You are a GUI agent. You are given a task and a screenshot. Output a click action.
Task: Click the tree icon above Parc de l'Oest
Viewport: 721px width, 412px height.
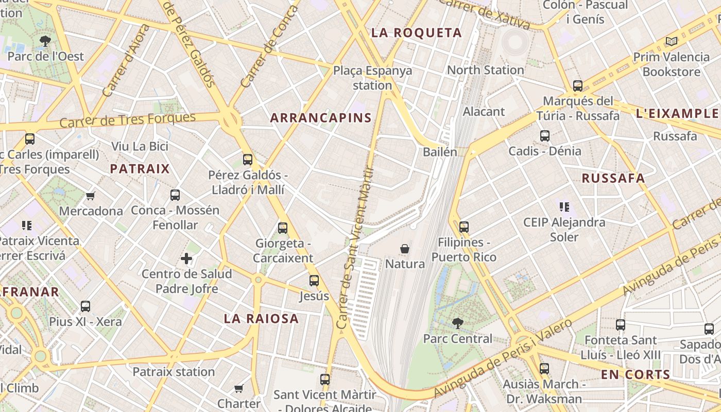(x=45, y=41)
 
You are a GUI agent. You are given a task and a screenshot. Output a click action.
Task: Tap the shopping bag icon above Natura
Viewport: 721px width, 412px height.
(x=405, y=249)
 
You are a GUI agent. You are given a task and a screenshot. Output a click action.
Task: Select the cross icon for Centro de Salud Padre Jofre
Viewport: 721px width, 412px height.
(x=186, y=259)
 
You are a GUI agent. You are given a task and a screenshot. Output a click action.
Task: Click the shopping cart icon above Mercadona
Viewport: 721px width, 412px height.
(x=91, y=196)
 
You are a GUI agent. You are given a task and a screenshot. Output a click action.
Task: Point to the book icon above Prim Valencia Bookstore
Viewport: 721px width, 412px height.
(x=671, y=41)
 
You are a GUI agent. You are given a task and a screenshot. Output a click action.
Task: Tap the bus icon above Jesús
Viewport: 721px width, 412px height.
(x=314, y=281)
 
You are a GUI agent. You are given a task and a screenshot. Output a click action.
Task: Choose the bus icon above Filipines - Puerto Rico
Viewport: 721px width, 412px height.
(x=464, y=227)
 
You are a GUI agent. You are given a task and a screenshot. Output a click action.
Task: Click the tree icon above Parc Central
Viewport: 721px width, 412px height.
(x=457, y=323)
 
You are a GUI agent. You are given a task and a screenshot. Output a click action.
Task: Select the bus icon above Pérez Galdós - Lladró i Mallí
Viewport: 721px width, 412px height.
(x=248, y=160)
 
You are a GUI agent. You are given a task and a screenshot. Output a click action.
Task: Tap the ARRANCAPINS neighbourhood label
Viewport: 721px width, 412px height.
(x=321, y=118)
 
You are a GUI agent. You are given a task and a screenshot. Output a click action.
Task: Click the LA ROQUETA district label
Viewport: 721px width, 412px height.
(x=417, y=33)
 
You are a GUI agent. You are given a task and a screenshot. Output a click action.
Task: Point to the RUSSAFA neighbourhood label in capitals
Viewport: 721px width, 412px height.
(x=613, y=178)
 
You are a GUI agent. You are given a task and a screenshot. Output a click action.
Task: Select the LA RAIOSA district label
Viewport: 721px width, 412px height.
(x=261, y=319)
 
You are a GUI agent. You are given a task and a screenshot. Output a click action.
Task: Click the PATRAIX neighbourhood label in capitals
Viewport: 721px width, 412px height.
(x=140, y=169)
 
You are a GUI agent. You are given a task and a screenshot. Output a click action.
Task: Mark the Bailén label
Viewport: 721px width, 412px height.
(x=440, y=152)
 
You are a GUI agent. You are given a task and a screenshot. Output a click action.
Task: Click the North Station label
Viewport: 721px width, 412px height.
(x=485, y=70)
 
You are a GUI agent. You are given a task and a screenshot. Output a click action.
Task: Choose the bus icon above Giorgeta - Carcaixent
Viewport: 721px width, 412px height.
(x=282, y=228)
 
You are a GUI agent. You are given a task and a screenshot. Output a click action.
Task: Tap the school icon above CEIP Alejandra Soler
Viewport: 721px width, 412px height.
(x=564, y=207)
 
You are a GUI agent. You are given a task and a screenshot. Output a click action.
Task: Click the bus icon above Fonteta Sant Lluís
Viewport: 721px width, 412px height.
(x=621, y=325)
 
